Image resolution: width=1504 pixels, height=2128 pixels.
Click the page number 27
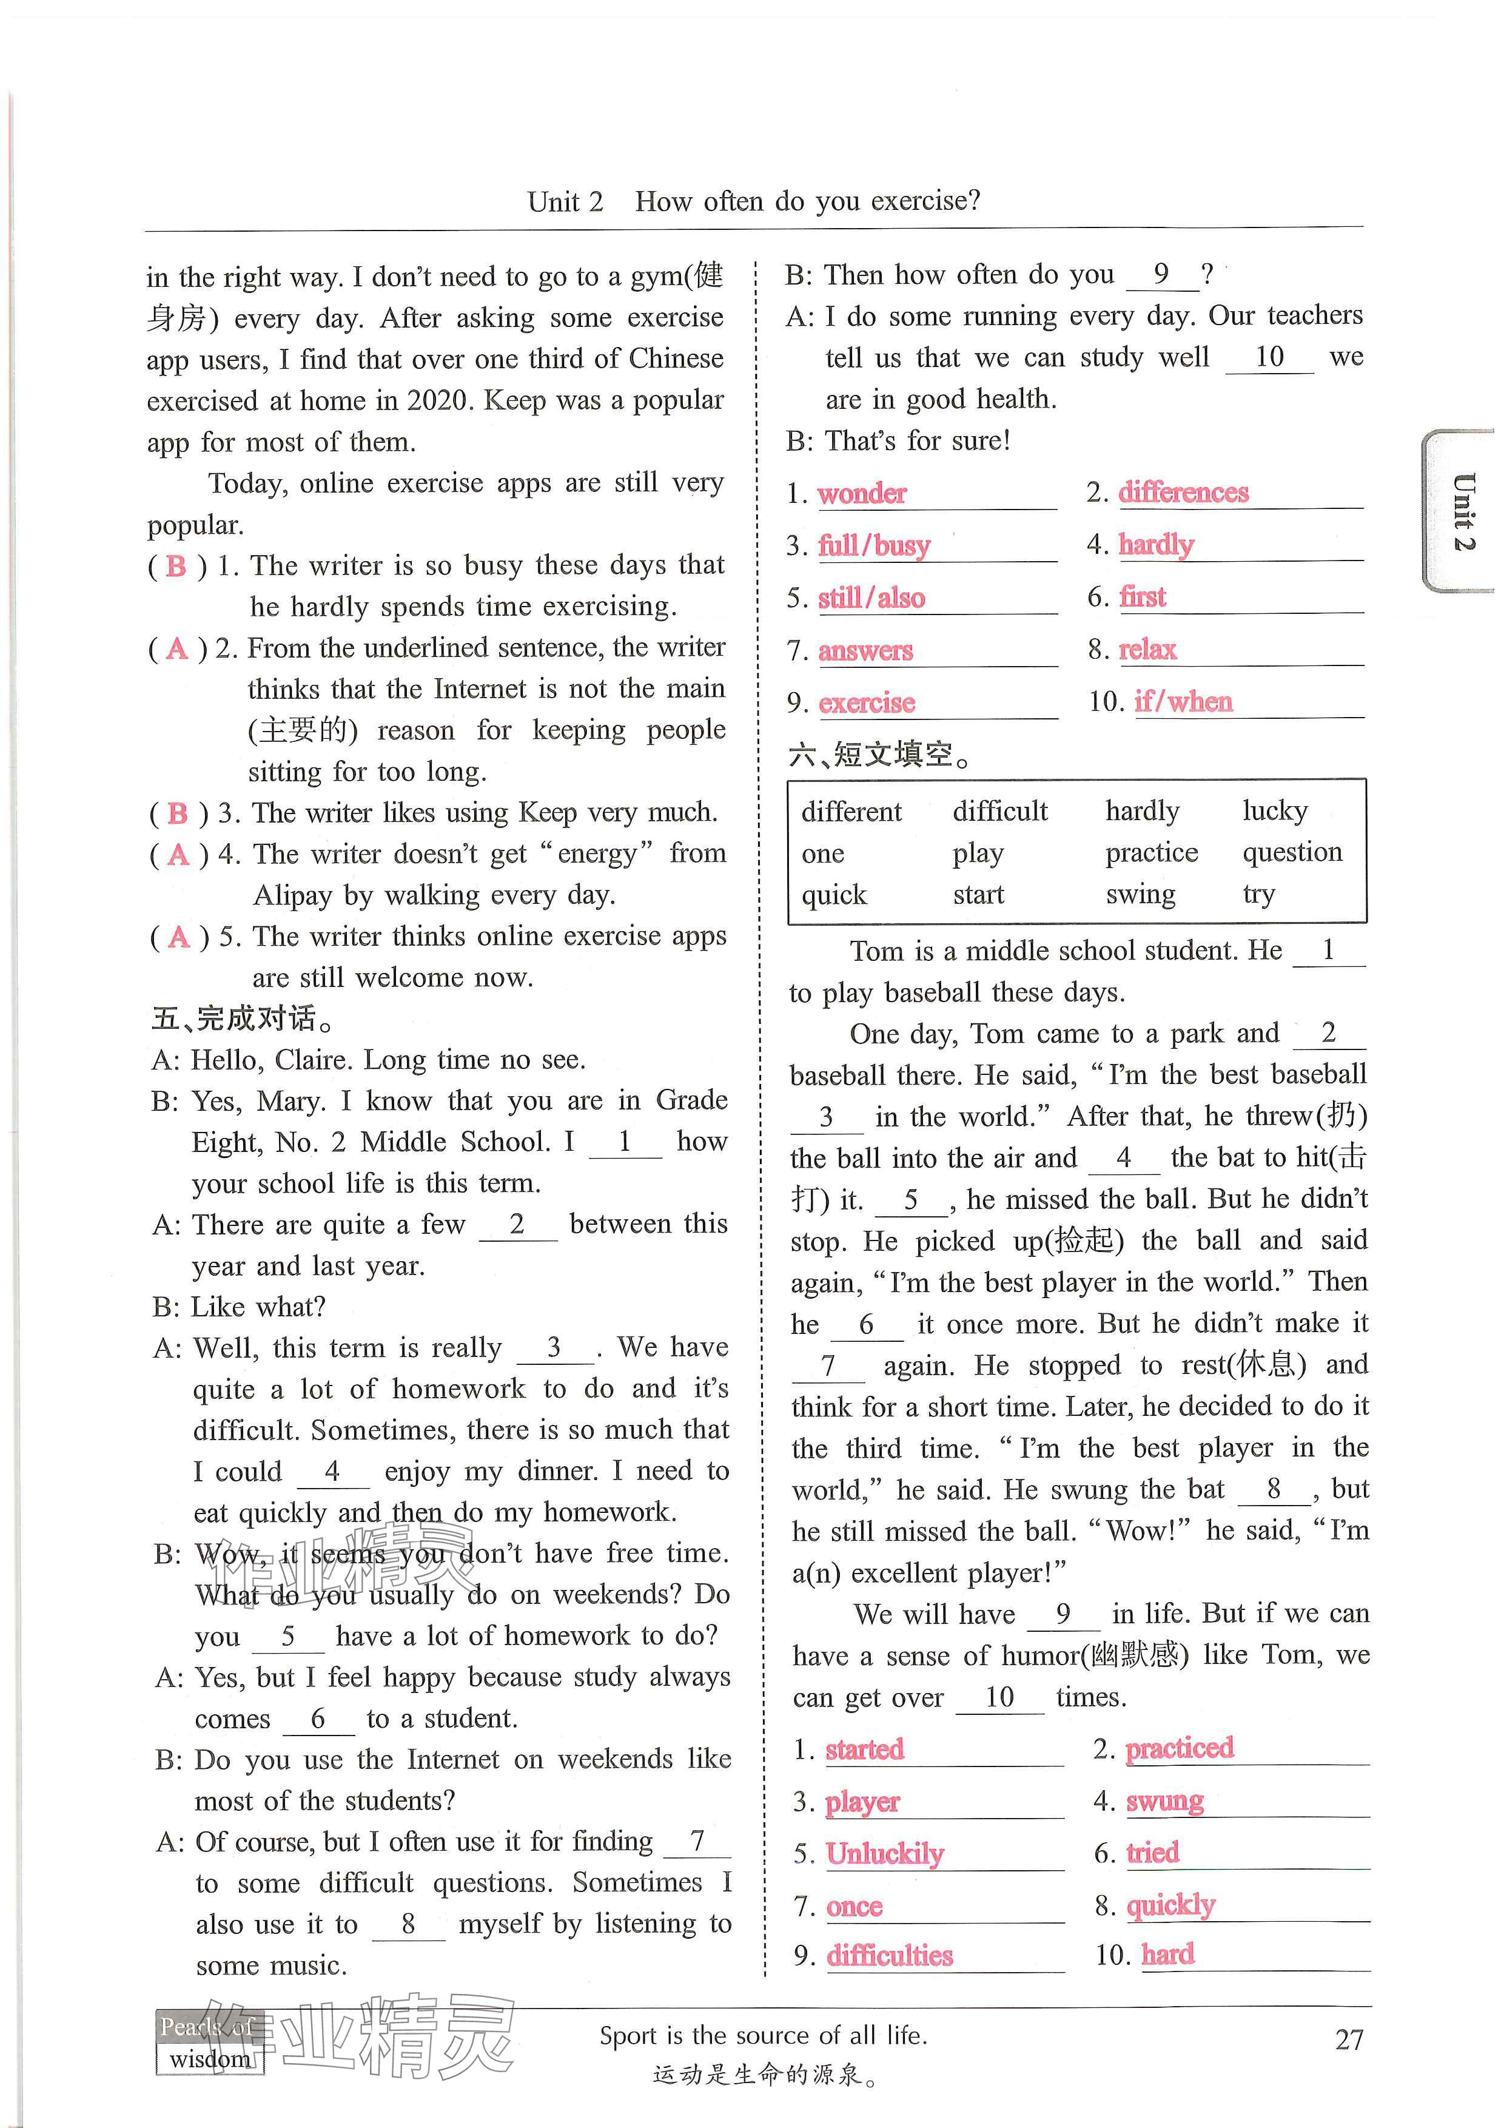1348,2039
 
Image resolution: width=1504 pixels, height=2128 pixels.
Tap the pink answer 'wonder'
861,493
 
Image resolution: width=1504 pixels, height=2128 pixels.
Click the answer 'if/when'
1183,702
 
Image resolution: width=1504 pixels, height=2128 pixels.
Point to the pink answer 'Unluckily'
884,1854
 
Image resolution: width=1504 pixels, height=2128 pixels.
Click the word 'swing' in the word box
1140,894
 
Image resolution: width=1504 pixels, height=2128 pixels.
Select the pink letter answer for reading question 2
176,649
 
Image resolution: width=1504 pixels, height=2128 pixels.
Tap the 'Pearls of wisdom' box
209,2042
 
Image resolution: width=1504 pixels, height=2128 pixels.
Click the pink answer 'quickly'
1169,1905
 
